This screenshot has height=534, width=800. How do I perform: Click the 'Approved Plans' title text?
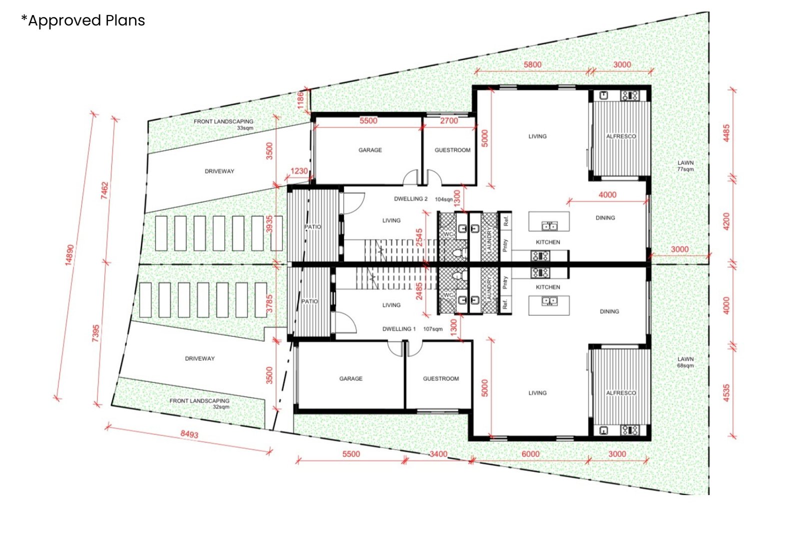83,21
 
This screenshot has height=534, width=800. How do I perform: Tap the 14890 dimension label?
69,255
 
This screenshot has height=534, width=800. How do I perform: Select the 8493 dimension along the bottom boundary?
189,434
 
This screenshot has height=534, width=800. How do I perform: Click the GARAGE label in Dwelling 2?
370,150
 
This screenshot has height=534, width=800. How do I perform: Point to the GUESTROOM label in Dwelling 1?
440,379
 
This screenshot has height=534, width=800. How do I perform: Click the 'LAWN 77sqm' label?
685,166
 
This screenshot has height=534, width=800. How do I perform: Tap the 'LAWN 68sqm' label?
685,362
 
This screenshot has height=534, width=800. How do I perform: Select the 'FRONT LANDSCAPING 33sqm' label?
223,124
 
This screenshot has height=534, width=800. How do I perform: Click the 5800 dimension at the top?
532,65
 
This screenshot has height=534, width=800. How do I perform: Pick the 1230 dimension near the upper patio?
299,171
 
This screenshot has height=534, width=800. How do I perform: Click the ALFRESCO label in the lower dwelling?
621,393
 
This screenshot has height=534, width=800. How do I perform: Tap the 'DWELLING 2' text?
410,199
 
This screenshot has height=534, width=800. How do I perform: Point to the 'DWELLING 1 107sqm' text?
412,329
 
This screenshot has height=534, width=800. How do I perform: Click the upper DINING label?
605,218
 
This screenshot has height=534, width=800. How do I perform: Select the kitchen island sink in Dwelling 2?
549,226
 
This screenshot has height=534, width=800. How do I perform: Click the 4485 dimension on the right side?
726,133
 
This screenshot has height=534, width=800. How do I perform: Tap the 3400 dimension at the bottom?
438,454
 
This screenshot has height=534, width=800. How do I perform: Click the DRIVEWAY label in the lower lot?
199,358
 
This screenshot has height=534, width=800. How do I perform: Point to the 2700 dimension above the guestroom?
448,121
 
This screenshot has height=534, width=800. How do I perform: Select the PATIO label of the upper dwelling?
313,227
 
